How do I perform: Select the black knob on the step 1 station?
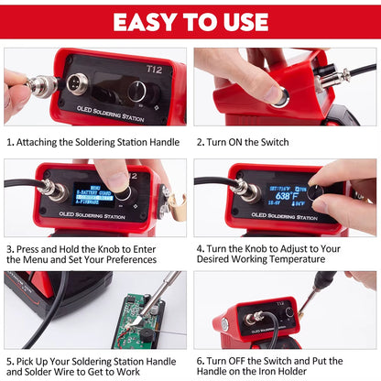tap(137, 91)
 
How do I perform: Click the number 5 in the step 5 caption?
tap(9, 360)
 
